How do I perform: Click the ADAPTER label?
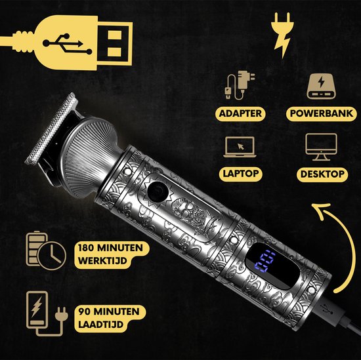pos(240,113)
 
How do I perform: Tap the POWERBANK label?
pos(322,113)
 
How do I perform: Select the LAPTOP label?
pos(241,174)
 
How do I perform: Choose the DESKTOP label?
pos(322,174)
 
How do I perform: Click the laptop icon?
pos(240,147)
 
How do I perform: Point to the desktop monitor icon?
pos(321,147)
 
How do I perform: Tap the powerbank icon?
pos(321,87)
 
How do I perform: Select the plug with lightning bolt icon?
pos(282,35)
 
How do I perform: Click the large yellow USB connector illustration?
pos(67,43)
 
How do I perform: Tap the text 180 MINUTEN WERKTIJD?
pos(111,254)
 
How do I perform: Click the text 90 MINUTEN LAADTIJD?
pos(109,318)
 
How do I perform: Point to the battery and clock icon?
pos(46,250)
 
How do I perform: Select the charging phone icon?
pos(47,313)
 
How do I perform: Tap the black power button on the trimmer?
pos(158,191)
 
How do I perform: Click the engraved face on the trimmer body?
pos(188,211)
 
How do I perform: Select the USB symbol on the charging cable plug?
pos(327,309)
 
